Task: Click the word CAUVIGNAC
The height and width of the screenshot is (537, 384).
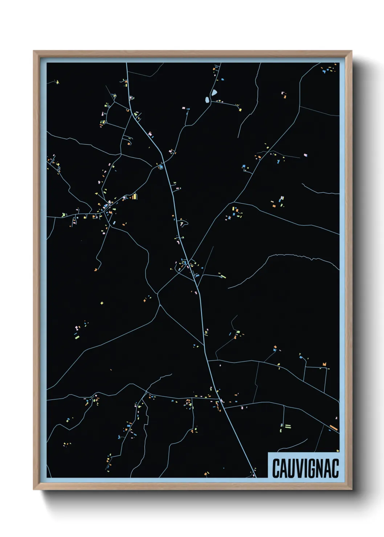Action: [305, 468]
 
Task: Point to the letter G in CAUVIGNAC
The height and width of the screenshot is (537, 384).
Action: [311, 468]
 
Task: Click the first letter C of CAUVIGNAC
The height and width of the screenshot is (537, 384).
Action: [275, 468]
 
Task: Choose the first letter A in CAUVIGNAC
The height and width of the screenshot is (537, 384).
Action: [283, 468]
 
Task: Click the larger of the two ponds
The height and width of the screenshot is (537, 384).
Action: [215, 93]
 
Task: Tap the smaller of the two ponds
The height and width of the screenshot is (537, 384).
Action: [207, 99]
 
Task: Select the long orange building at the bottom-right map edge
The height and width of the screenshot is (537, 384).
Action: [334, 428]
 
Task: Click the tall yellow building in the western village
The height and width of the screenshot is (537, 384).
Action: [135, 197]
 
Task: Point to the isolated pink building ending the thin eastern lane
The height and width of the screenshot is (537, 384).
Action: [306, 155]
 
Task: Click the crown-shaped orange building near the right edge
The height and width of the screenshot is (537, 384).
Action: [324, 364]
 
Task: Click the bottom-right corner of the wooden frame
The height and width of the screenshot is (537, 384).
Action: [352, 489]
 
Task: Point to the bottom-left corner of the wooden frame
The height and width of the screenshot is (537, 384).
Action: [33, 489]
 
